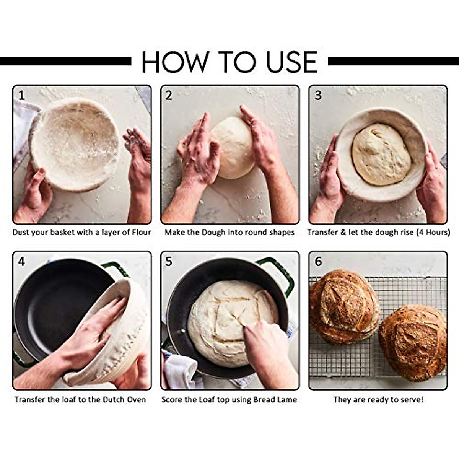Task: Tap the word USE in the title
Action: point(292,62)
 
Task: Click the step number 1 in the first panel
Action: point(22,95)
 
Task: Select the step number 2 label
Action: point(169,95)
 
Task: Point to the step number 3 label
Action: point(318,95)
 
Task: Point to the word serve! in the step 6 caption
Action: point(412,400)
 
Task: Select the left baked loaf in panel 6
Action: point(344,306)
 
